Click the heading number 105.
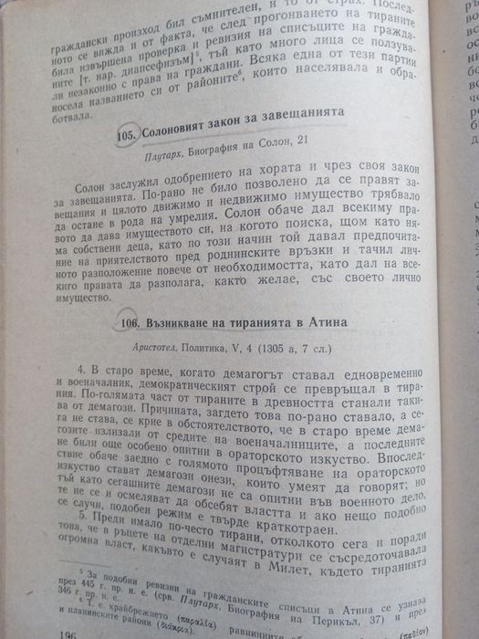(128, 136)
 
